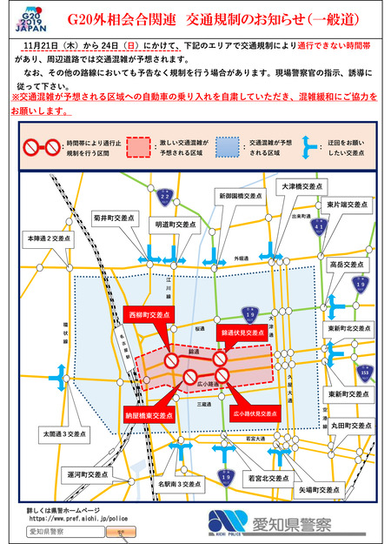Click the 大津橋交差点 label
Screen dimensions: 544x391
point(297,185)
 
